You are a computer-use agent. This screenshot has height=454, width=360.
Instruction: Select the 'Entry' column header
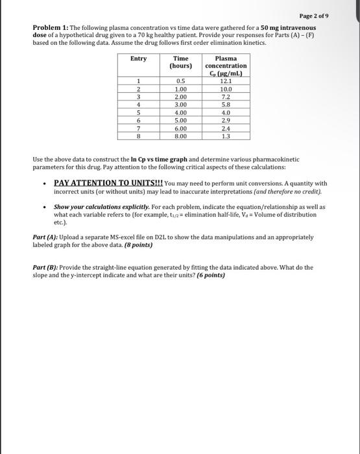(x=138, y=58)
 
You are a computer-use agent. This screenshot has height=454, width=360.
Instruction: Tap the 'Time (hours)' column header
(x=181, y=62)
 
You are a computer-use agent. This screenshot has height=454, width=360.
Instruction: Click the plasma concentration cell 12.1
(x=225, y=81)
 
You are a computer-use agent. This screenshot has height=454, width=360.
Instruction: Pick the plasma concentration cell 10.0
(x=225, y=88)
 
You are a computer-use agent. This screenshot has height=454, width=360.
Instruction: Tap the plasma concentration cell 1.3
(x=225, y=136)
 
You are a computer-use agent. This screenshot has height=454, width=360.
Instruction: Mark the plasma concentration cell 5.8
(x=225, y=104)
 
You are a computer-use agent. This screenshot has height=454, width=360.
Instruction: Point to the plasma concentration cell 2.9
(x=225, y=120)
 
